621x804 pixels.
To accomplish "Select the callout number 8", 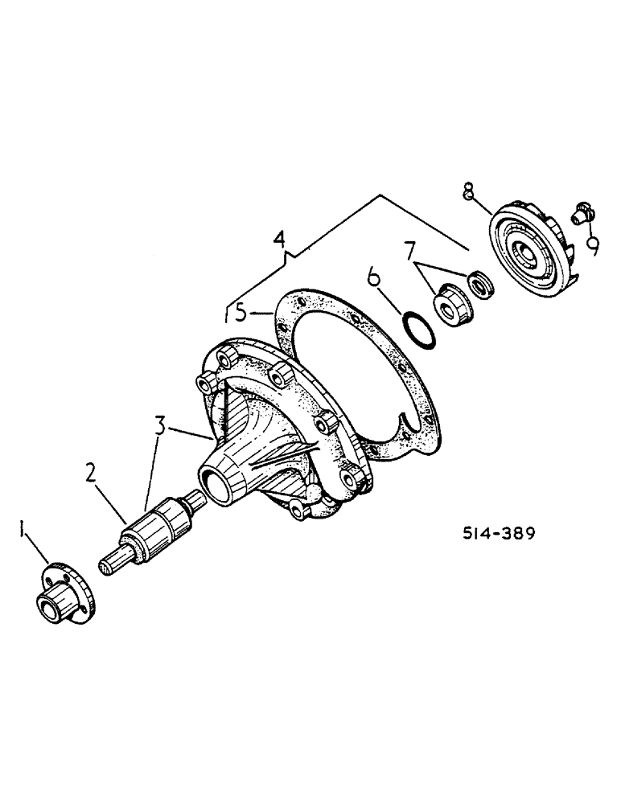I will (x=468, y=191).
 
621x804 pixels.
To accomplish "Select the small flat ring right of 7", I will (x=481, y=282).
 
